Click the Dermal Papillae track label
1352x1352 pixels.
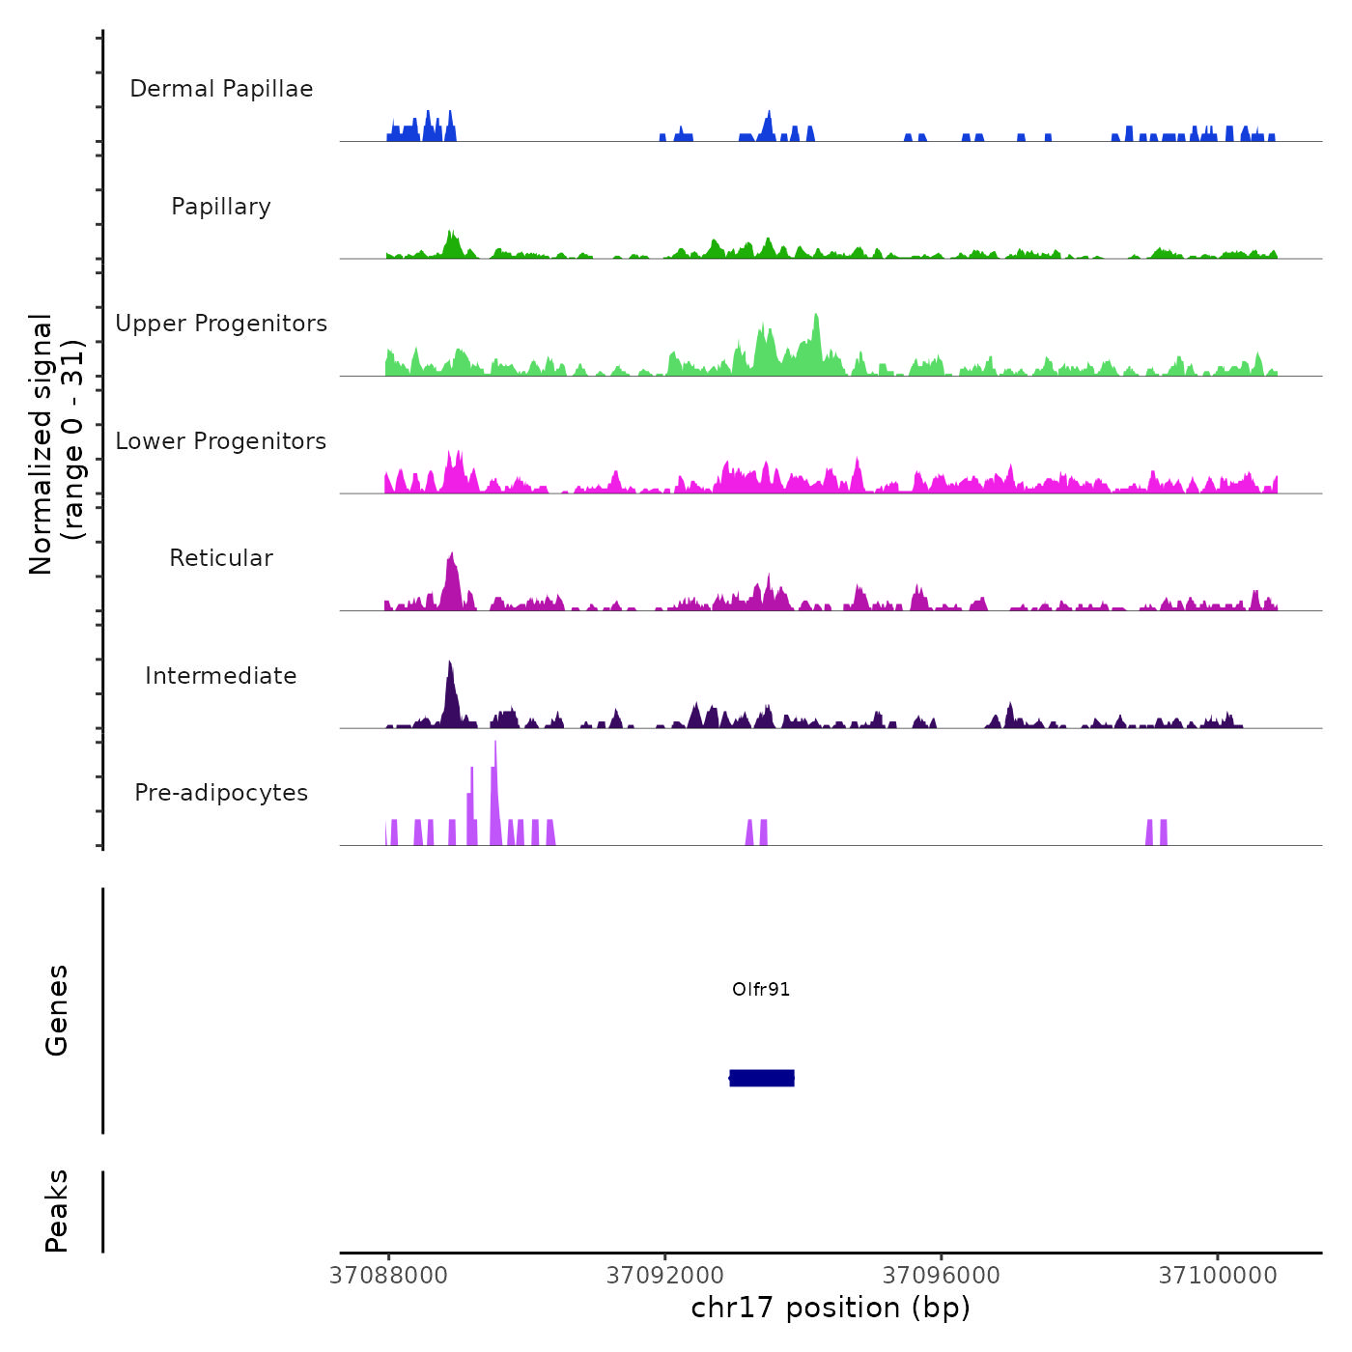[221, 89]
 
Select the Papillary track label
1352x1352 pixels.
[221, 207]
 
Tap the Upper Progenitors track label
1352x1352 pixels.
[221, 324]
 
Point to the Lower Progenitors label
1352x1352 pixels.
[221, 441]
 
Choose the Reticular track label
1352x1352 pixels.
[221, 558]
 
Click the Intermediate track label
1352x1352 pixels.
[221, 676]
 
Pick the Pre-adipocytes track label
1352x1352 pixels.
[221, 793]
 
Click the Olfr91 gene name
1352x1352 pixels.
[761, 989]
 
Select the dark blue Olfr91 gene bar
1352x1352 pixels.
[762, 1078]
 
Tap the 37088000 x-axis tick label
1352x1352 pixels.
[389, 1276]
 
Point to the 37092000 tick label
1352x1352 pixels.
[665, 1276]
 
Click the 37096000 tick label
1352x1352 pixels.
[942, 1276]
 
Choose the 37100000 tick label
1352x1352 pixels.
[1218, 1276]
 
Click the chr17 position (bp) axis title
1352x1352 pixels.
[831, 1308]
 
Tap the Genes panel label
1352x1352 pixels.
[57, 1010]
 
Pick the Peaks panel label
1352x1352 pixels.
[57, 1211]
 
